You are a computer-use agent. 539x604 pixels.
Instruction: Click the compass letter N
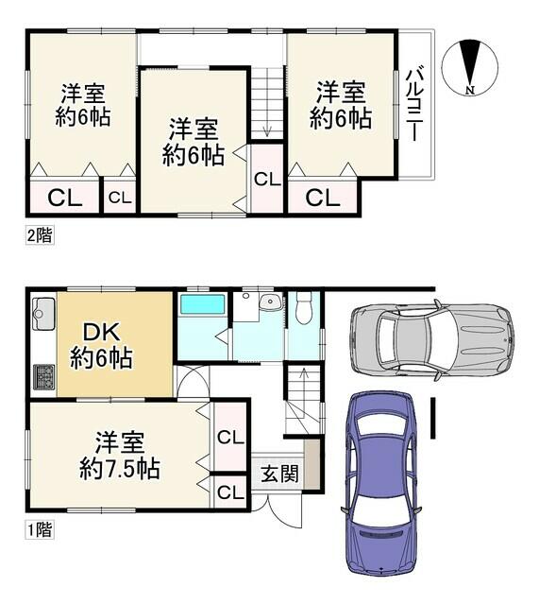click(x=469, y=90)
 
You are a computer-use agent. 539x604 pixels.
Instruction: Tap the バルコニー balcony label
click(x=415, y=104)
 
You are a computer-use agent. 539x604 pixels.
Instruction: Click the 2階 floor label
click(x=40, y=235)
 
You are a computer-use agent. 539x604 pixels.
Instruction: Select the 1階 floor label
click(x=40, y=529)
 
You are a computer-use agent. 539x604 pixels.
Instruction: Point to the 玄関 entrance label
click(x=279, y=474)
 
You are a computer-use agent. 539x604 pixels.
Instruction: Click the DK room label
click(x=102, y=332)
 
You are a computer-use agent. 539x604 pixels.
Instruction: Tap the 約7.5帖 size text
click(x=120, y=468)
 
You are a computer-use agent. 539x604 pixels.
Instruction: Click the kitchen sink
click(x=43, y=314)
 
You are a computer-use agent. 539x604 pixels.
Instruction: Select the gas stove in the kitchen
click(x=44, y=377)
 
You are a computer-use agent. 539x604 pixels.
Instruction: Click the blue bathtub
click(x=202, y=304)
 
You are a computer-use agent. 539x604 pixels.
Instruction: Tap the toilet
click(x=304, y=307)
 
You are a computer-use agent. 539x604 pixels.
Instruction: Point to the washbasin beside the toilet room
click(x=271, y=302)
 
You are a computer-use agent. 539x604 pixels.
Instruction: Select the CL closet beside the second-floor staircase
click(x=267, y=179)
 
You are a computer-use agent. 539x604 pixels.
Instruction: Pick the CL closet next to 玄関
click(x=230, y=492)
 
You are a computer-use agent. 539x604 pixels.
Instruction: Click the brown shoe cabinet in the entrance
click(x=312, y=464)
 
